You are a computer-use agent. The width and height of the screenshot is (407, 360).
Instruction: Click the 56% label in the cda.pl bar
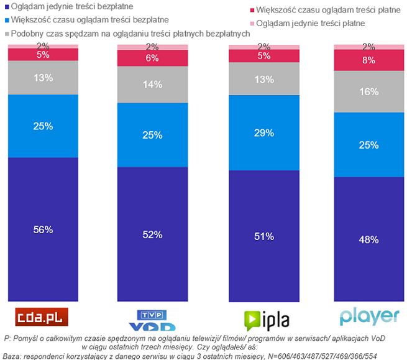pyautogui.click(x=43, y=229)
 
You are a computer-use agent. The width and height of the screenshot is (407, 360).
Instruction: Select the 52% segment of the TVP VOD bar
pyautogui.click(x=152, y=234)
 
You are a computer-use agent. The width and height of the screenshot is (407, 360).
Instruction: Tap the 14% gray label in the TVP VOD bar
pyautogui.click(x=152, y=84)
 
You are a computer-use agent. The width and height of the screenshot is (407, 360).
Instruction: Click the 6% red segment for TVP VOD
pyautogui.click(x=152, y=58)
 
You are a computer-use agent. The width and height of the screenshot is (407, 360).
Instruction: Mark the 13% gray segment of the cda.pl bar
pyautogui.click(x=43, y=77)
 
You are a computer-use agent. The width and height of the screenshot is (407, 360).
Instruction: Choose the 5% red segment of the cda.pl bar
pyautogui.click(x=43, y=55)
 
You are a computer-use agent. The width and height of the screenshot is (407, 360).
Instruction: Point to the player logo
pyautogui.click(x=368, y=316)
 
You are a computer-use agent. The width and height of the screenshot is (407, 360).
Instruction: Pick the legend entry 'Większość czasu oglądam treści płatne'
pyautogui.click(x=323, y=11)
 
